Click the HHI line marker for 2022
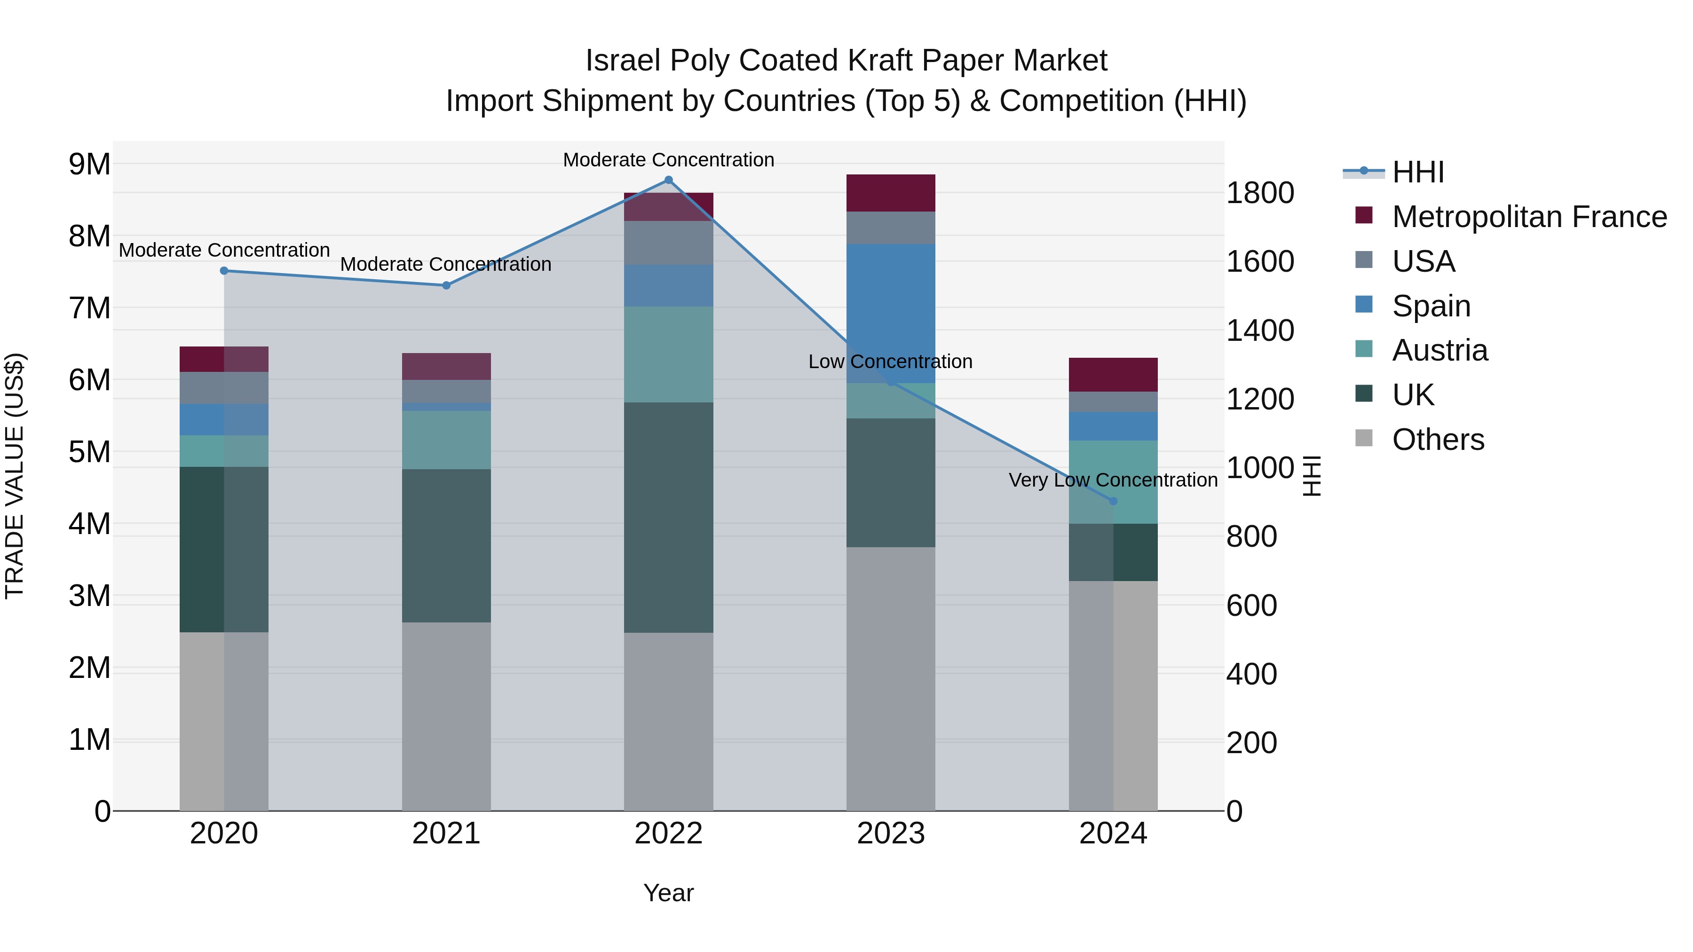[x=668, y=180]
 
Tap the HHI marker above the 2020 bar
[x=224, y=271]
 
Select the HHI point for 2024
[x=1113, y=501]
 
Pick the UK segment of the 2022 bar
[x=668, y=517]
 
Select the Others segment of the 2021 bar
[x=446, y=716]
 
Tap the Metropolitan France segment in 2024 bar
[x=1113, y=375]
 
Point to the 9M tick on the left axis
[x=90, y=164]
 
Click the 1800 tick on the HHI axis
[x=1260, y=193]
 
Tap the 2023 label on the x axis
[x=891, y=834]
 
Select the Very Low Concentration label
[x=1113, y=480]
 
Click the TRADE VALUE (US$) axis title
[x=15, y=476]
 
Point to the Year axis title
[x=668, y=893]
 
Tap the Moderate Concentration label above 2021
[x=446, y=264]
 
